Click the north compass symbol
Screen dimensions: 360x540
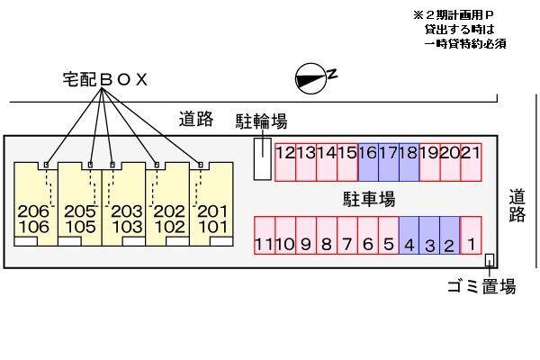310,80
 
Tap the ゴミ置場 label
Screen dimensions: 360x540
481,287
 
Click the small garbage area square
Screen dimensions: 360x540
490,260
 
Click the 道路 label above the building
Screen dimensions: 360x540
195,118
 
